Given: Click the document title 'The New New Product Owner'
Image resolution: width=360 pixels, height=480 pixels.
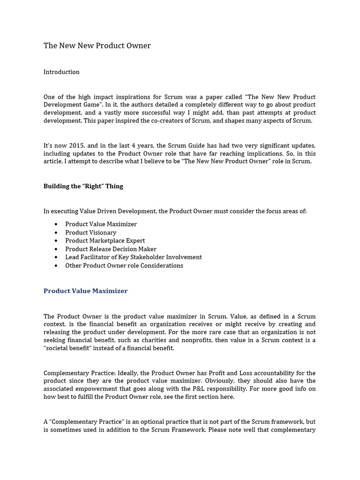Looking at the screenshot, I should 97,45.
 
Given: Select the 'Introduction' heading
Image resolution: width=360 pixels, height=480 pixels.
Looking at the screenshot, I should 61,72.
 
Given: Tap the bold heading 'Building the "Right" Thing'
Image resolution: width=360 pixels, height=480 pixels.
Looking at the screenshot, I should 83,186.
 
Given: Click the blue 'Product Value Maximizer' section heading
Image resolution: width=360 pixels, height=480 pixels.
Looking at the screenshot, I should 85,291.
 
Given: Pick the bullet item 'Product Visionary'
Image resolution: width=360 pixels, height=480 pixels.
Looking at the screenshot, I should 90,232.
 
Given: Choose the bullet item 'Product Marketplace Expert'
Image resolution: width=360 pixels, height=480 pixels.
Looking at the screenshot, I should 105,240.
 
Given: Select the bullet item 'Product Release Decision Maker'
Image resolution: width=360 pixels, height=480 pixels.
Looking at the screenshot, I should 111,249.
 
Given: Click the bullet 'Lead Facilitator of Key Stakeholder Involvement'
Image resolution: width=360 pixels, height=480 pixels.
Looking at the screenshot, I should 133,257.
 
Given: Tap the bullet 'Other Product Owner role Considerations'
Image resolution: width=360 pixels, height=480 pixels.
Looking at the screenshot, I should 124,265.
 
